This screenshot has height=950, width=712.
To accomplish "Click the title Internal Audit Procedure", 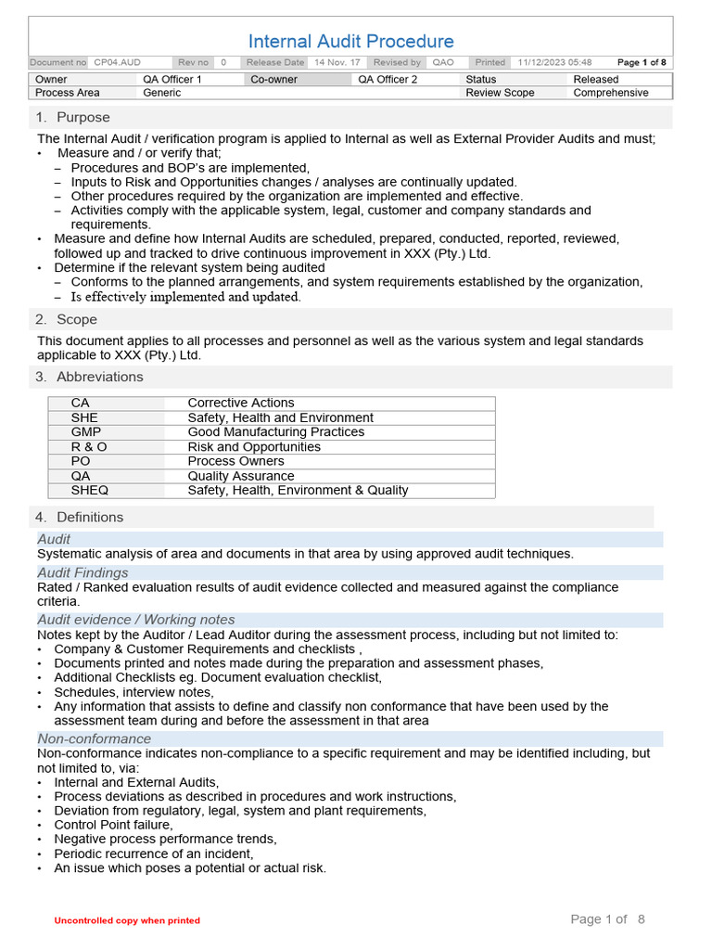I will [x=350, y=41].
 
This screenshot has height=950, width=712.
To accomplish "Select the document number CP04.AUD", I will [x=117, y=62].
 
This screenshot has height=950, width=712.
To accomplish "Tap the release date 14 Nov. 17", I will [x=337, y=62].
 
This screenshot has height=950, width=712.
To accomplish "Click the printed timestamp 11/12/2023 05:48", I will [x=554, y=62].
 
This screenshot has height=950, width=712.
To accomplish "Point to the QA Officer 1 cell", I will [x=172, y=80].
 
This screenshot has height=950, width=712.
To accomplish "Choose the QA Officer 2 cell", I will [x=388, y=80].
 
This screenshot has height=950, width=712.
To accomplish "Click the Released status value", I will [x=595, y=80].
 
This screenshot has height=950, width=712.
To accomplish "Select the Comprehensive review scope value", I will [x=611, y=93].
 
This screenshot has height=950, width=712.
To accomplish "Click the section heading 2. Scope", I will [x=66, y=319].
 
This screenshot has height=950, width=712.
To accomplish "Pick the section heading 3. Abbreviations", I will [x=89, y=377].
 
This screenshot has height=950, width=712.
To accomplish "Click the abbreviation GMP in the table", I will [x=86, y=432].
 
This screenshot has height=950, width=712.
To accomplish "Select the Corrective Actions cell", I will [x=240, y=403].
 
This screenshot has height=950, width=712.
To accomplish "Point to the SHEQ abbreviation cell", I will [x=89, y=490].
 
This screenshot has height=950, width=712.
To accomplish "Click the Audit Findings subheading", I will [x=83, y=572].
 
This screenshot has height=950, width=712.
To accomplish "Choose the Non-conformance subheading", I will [x=94, y=738].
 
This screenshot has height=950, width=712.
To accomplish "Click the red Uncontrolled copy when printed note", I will [x=127, y=920].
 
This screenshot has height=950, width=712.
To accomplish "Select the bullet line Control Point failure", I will [x=113, y=825].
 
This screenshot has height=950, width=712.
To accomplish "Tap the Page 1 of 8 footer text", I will [x=607, y=919].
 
